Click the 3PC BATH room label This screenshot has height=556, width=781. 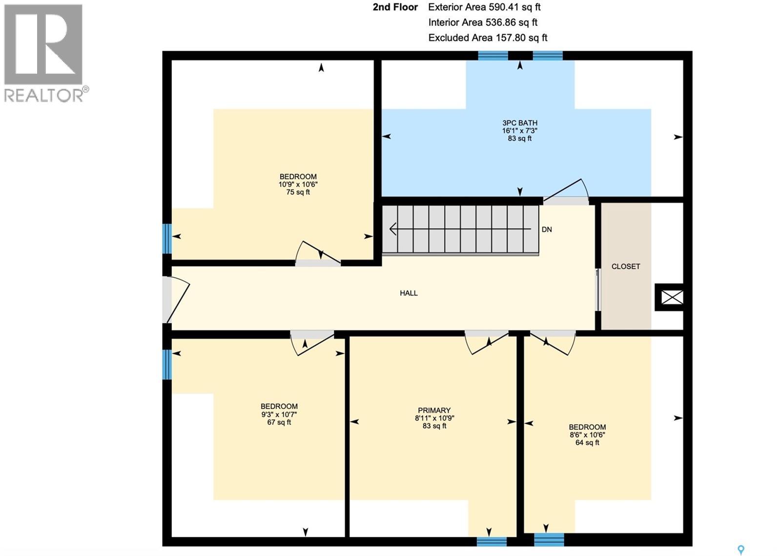pos(520,123)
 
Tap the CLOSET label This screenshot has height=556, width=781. pos(625,267)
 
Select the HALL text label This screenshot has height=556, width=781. pos(409,293)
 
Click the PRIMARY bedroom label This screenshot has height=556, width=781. pos(434,411)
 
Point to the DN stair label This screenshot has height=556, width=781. pos(547,229)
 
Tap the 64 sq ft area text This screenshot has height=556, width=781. pos(587,443)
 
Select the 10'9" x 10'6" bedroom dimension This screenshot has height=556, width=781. pos(298,185)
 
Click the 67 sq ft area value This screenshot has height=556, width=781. pos(279,422)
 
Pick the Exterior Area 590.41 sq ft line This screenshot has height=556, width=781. pos(484,7)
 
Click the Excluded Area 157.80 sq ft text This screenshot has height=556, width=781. pos(487,38)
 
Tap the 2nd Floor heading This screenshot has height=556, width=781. pos(395,7)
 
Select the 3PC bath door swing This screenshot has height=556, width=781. pos(566,191)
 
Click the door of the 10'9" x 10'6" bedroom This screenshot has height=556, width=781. pos(318,254)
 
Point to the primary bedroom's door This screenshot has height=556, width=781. pos(486,342)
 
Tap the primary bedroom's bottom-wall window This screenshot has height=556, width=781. pos(492,541)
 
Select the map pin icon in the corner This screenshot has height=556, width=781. pos(740,550)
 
